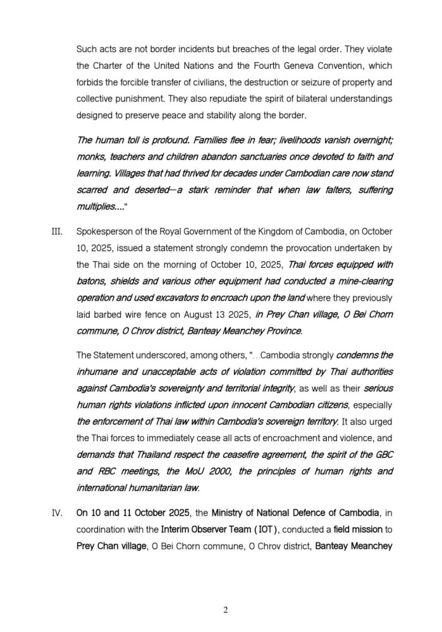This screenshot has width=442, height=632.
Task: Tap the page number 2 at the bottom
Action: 225,609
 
